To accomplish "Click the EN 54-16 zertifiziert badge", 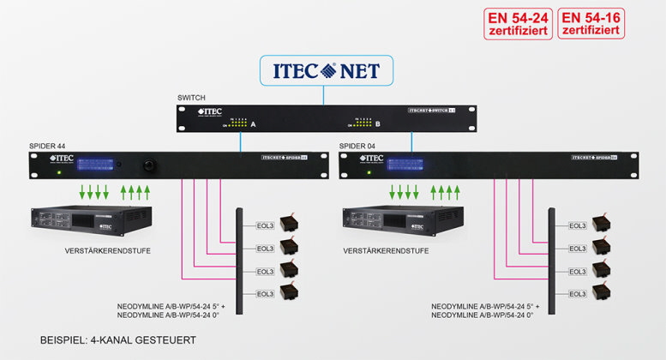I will [591, 24].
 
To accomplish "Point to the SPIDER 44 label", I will [47, 147].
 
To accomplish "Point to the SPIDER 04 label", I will [357, 147].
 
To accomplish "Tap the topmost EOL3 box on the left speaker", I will [267, 225].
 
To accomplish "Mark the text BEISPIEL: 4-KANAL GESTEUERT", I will [117, 340].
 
